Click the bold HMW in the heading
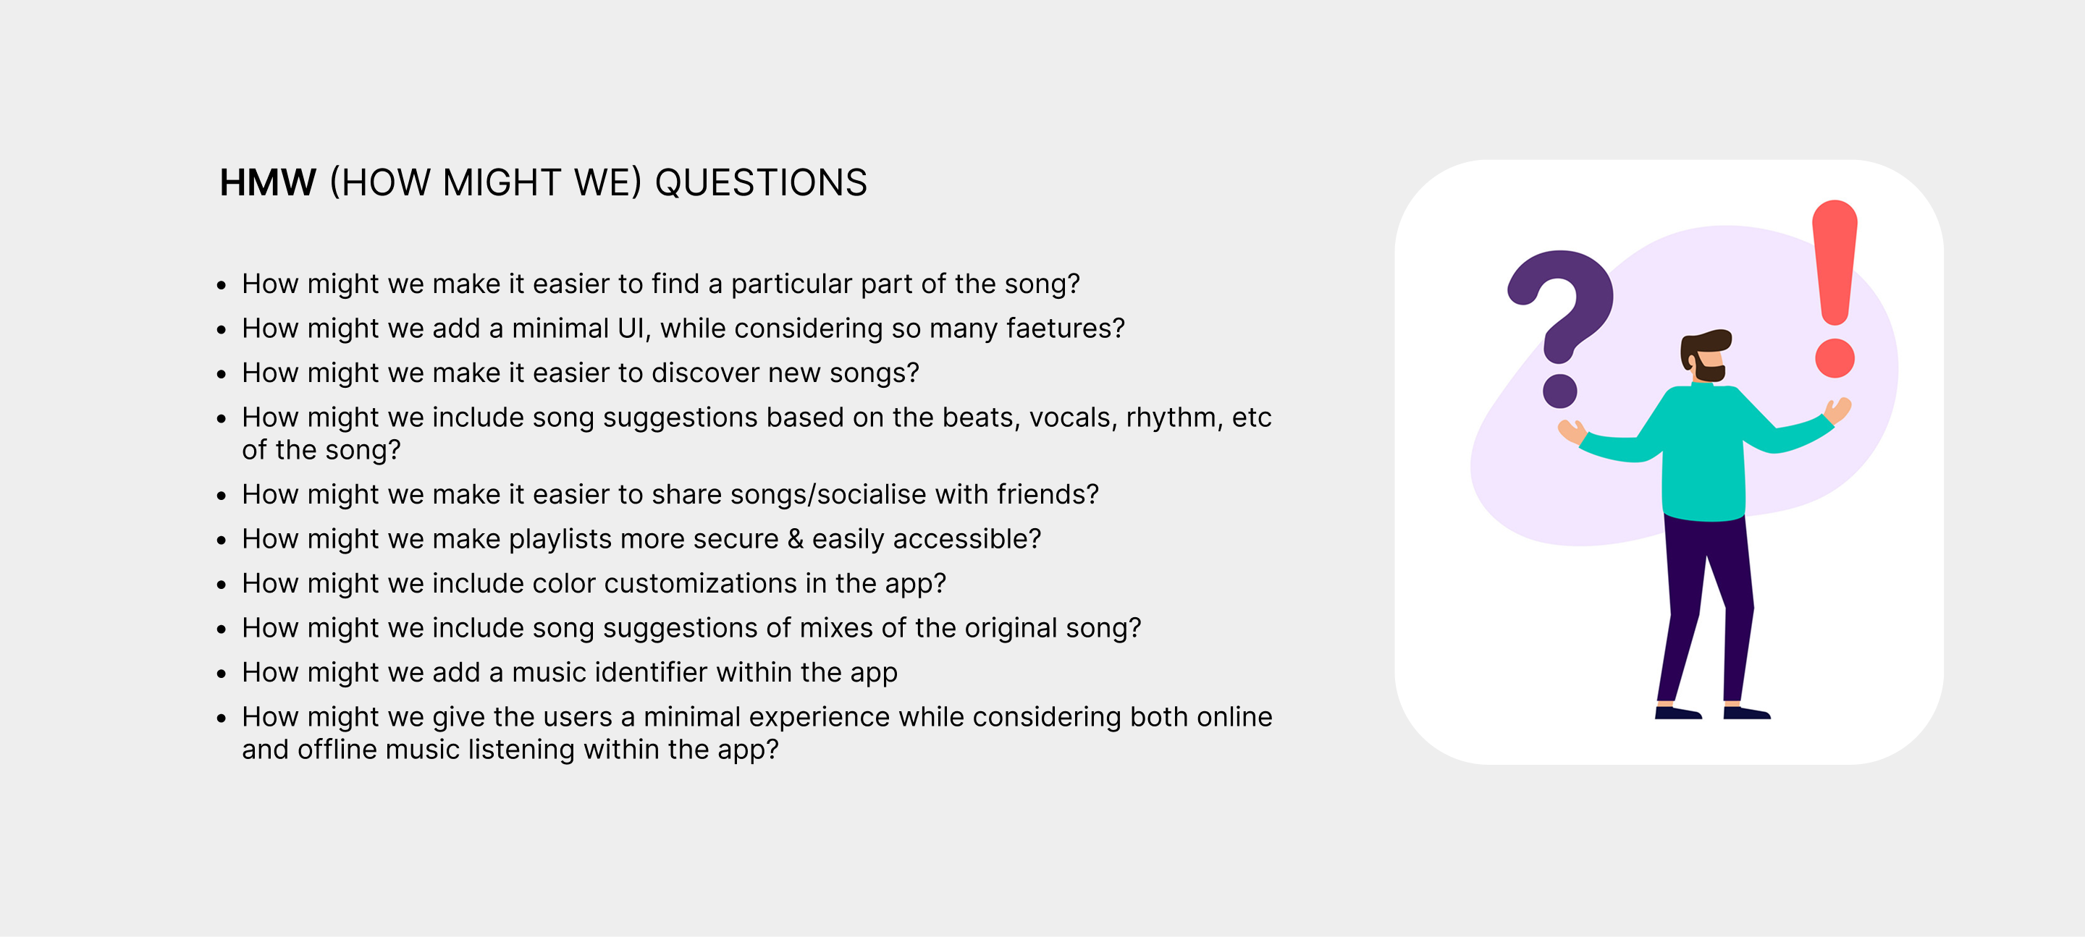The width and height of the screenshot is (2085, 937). pyautogui.click(x=268, y=183)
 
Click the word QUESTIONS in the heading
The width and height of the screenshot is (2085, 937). pyautogui.click(x=761, y=183)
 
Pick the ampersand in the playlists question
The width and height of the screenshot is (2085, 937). pyautogui.click(x=796, y=539)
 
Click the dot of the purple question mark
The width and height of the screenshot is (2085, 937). pyautogui.click(x=1559, y=391)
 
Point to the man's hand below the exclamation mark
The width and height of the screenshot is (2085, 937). pyautogui.click(x=1837, y=410)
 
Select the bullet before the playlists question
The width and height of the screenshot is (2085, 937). pyautogui.click(x=221, y=540)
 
